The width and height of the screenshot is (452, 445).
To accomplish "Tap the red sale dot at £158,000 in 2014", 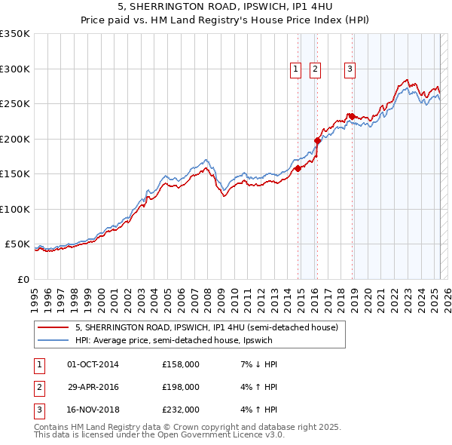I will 298,169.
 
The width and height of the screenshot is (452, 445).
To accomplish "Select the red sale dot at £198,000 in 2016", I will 318,140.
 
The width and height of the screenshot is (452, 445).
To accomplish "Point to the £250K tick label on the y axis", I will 15,104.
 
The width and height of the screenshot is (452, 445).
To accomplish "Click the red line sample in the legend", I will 53,328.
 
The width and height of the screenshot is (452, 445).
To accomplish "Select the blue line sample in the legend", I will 53,340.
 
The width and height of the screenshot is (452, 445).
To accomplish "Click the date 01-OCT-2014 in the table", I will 93,364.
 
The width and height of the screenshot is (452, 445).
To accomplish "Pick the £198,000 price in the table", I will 181,387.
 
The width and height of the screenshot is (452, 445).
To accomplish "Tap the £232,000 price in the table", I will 181,410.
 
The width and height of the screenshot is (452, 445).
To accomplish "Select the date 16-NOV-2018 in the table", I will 93,410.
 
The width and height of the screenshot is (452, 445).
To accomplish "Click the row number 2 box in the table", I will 38,388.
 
